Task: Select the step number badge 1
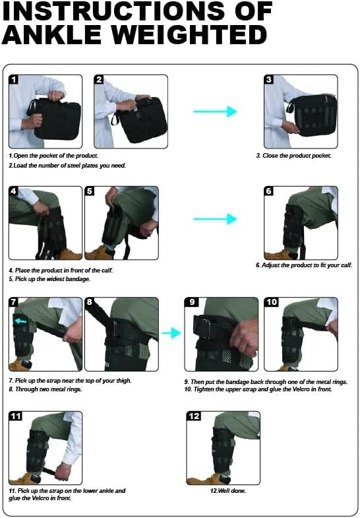(14, 80)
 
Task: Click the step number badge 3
(268, 80)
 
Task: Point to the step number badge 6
(268, 191)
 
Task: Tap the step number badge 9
(191, 302)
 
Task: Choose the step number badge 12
(194, 416)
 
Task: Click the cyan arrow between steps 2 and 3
(215, 112)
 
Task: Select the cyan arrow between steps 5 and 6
(215, 219)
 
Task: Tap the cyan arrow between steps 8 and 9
(171, 333)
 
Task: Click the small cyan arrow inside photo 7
(21, 321)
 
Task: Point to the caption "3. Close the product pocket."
(293, 156)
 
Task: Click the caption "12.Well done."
(224, 490)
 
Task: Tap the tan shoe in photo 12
(201, 477)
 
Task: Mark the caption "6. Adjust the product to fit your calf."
(304, 265)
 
